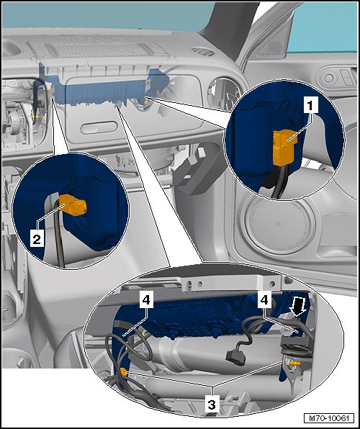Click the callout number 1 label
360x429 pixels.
pos(310,105)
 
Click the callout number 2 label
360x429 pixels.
pos(37,239)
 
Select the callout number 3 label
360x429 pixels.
pos(212,404)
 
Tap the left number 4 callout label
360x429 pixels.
pos(146,300)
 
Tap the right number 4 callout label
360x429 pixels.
pos(264,300)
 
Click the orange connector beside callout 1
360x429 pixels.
pos(284,147)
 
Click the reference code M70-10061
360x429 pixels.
pos(329,418)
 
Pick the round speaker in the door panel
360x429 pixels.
pos(279,225)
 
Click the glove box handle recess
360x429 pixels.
pos(99,128)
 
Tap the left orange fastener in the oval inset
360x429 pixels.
pos(123,372)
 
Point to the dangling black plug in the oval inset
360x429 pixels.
pos(235,358)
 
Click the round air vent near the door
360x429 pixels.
pos(223,94)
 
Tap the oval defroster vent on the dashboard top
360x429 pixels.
pos(203,51)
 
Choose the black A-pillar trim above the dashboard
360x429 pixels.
pos(230,27)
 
